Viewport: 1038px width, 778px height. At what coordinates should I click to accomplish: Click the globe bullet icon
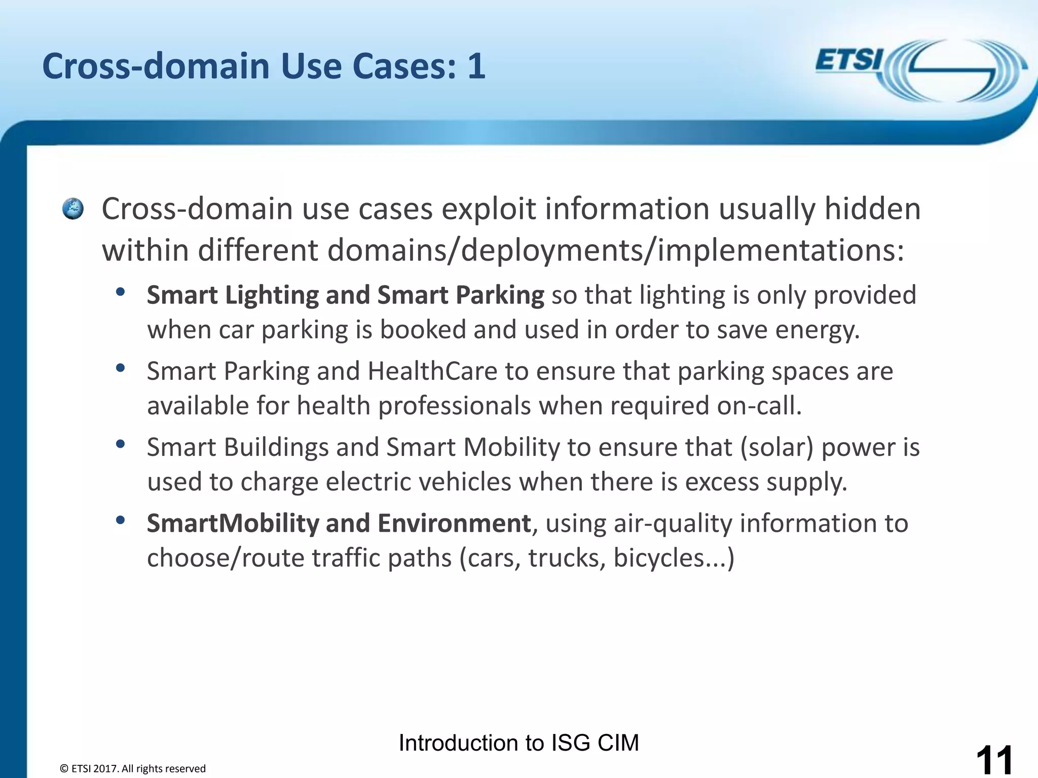[73, 209]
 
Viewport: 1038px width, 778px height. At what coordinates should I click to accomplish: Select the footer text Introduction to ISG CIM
[518, 743]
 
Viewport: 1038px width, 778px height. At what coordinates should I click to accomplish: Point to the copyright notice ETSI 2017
[133, 768]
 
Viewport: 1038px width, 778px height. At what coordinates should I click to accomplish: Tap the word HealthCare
[432, 371]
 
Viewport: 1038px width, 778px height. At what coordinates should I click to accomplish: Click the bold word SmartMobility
[233, 523]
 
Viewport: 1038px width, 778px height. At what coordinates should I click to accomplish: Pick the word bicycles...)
[674, 558]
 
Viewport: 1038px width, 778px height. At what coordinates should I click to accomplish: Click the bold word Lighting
[272, 295]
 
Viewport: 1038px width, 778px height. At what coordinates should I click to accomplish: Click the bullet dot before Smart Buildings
[120, 444]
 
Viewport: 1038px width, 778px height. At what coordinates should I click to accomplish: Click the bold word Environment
[454, 523]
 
